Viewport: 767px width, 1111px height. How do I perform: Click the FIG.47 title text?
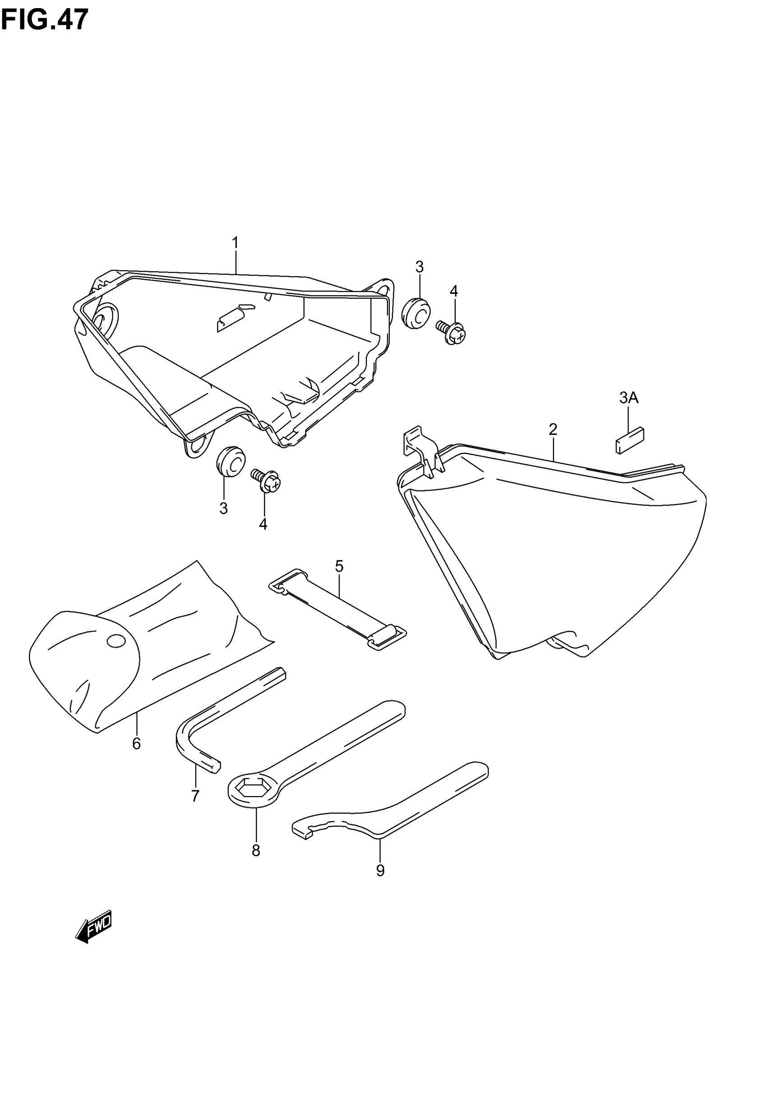(x=44, y=20)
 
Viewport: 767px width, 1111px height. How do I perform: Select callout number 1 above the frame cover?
(x=236, y=243)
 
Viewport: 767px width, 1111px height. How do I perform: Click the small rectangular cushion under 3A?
(x=629, y=440)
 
